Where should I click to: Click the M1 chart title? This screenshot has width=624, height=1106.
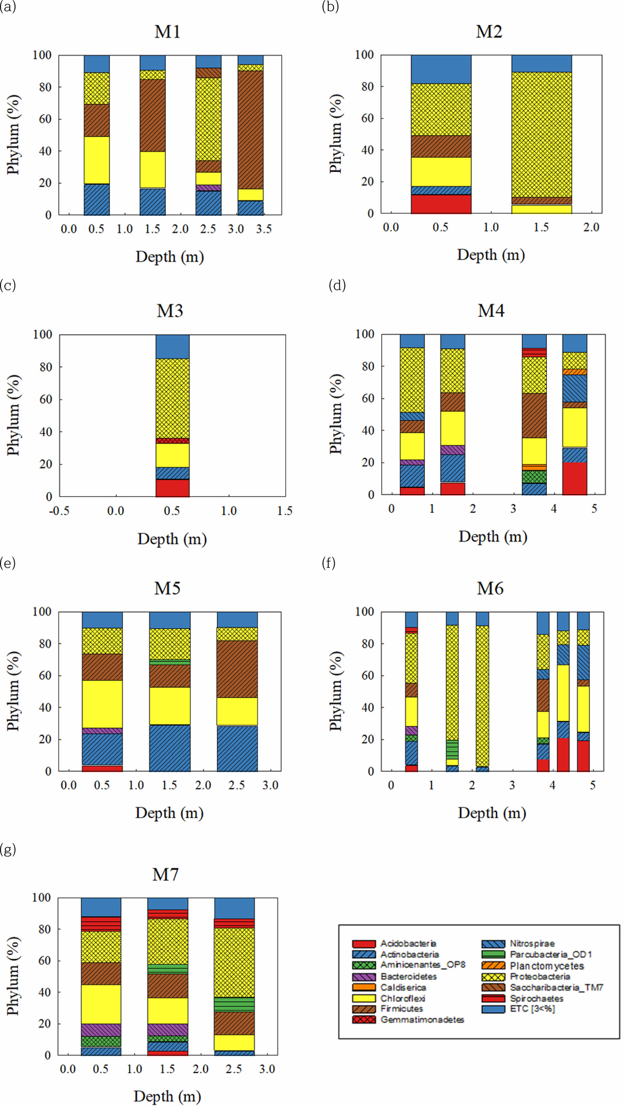pyautogui.click(x=167, y=32)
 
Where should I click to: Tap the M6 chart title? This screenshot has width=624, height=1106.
pyautogui.click(x=490, y=589)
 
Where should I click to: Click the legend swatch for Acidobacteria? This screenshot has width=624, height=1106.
pyautogui.click(x=364, y=944)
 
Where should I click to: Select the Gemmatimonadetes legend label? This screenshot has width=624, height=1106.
pyautogui.click(x=422, y=1020)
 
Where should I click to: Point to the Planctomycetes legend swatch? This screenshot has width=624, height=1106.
pyautogui.click(x=493, y=966)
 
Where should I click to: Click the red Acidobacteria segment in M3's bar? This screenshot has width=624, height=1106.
pyautogui.click(x=172, y=488)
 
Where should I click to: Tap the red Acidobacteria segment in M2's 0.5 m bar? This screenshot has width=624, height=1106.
pyautogui.click(x=441, y=204)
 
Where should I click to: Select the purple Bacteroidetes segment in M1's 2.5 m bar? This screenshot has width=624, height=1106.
pyautogui.click(x=209, y=188)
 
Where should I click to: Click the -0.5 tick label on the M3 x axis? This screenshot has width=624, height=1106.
pyautogui.click(x=59, y=511)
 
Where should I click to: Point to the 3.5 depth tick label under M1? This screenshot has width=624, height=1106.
pyautogui.click(x=264, y=229)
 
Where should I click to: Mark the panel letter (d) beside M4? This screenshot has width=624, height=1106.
pyautogui.click(x=337, y=285)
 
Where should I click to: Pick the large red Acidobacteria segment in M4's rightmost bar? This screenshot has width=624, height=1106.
pyautogui.click(x=575, y=478)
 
